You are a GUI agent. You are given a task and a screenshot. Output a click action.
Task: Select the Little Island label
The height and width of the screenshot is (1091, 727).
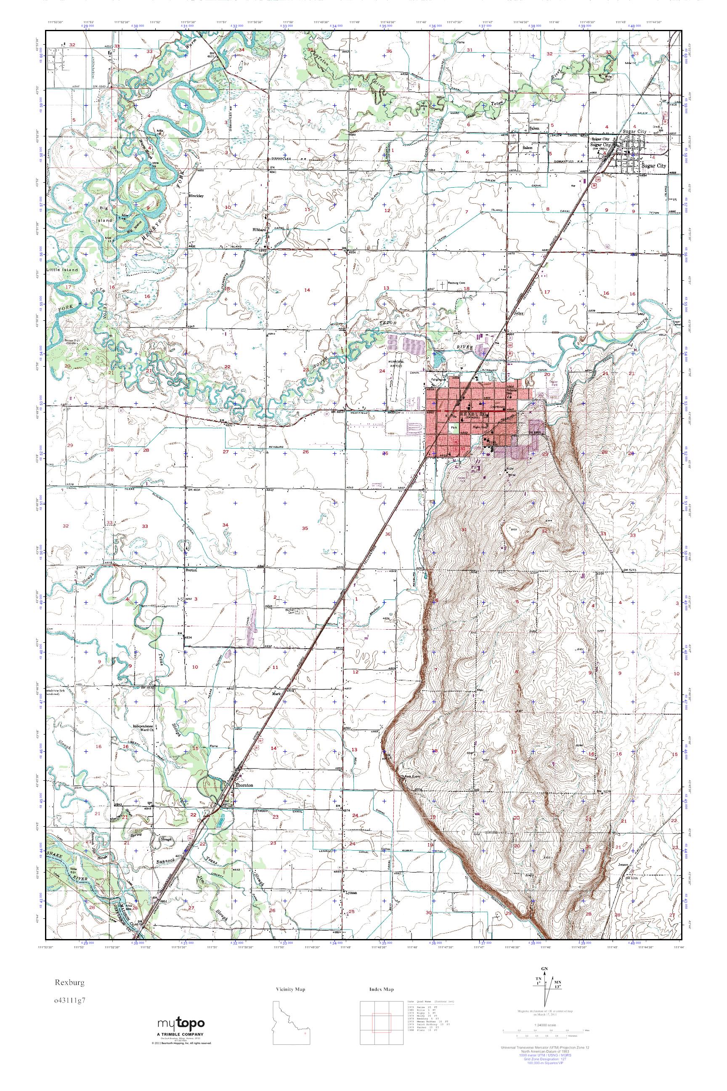(x=62, y=269)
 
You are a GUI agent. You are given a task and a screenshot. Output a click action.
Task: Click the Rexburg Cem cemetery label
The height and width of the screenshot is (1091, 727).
(x=455, y=283)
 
